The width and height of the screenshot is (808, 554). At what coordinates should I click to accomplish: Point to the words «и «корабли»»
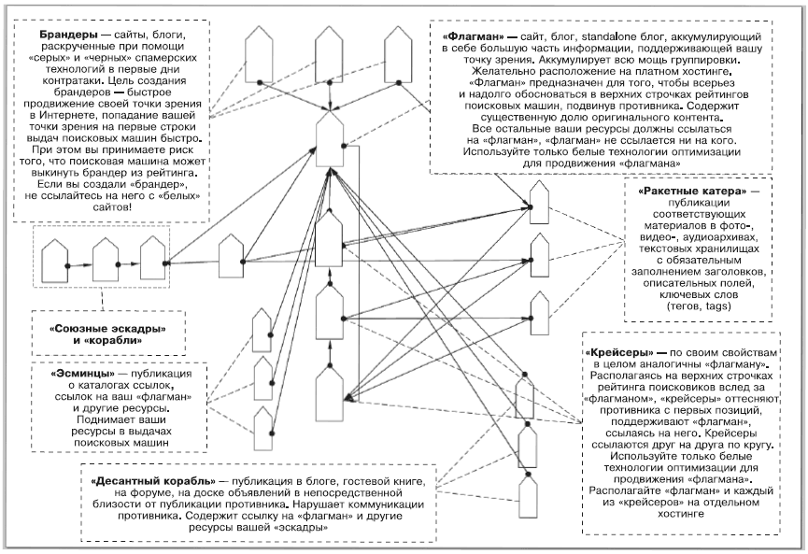113,342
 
